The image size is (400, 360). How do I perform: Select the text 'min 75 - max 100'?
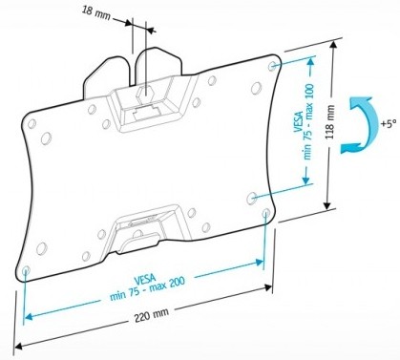[x=306, y=124]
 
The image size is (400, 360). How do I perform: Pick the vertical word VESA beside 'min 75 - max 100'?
[x=294, y=124]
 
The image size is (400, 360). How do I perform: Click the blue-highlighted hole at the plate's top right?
[x=275, y=66]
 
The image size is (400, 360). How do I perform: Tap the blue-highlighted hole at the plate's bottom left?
[x=24, y=270]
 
